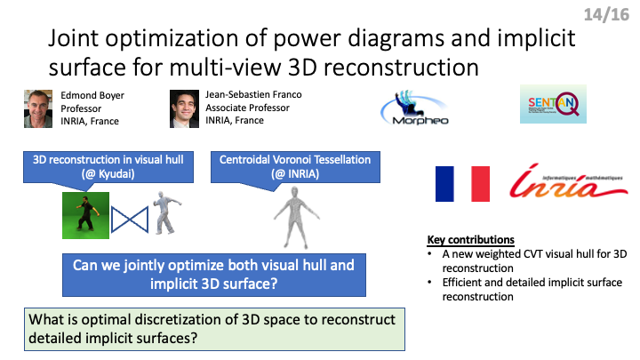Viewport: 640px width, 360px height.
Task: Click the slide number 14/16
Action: pyautogui.click(x=606, y=15)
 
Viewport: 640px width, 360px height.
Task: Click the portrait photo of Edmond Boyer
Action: pyautogui.click(x=38, y=109)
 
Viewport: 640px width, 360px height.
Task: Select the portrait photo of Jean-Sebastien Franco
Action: pyautogui.click(x=184, y=109)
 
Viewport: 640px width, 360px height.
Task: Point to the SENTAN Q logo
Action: pyautogui.click(x=553, y=104)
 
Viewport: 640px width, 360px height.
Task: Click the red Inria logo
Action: pyautogui.click(x=569, y=180)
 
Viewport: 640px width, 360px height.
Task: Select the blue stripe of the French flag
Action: pyautogui.click(x=444, y=184)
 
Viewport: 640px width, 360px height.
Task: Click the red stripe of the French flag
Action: pyautogui.click(x=480, y=184)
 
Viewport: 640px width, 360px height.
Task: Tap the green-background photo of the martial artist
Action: pyautogui.click(x=85, y=215)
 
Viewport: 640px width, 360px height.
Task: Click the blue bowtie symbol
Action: pyautogui.click(x=130, y=220)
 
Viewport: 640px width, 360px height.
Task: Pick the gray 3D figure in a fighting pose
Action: pyautogui.click(x=166, y=212)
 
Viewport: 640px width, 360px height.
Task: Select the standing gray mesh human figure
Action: pyautogui.click(x=296, y=218)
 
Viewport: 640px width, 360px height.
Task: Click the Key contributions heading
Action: pyautogui.click(x=470, y=240)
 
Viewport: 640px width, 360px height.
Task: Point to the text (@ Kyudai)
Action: pyautogui.click(x=108, y=174)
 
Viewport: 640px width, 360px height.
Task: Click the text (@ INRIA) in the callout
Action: pyautogui.click(x=295, y=174)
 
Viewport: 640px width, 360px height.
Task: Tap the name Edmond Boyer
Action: pyautogui.click(x=92, y=95)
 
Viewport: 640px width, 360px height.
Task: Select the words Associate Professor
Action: pyautogui.click(x=247, y=108)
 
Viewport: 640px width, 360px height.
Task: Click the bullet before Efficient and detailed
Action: pyautogui.click(x=430, y=283)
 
